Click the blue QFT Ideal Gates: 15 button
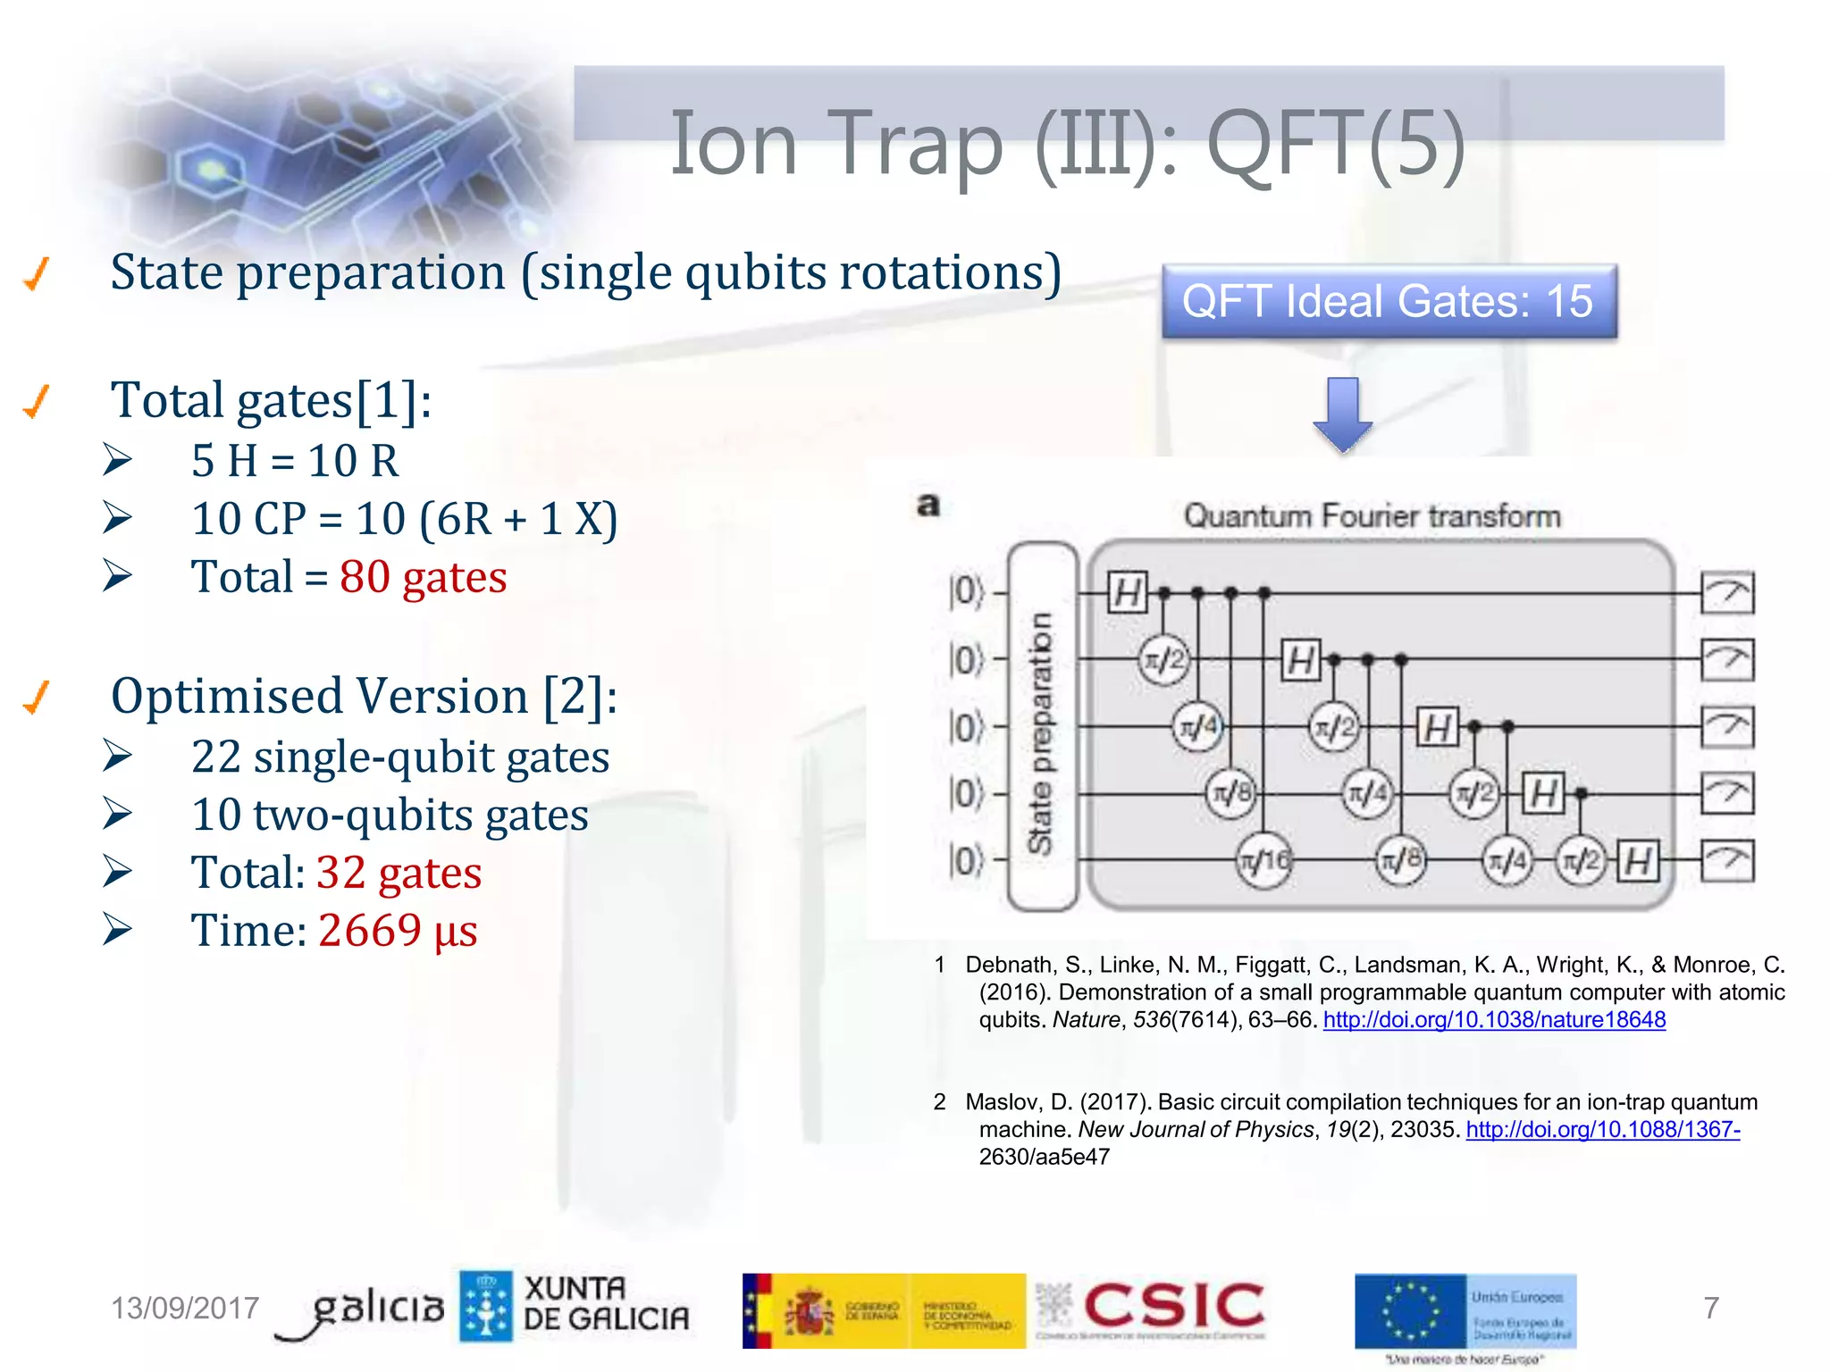(1389, 301)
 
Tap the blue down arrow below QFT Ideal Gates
(1342, 414)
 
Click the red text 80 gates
(423, 577)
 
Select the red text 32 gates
(399, 873)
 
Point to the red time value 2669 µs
(398, 931)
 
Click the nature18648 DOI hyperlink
(1494, 1020)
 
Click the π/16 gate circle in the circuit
(1263, 860)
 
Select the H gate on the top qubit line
(1127, 592)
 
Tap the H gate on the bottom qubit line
(1639, 861)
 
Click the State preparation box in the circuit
(1042, 728)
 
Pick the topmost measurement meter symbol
(1726, 592)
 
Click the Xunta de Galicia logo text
(605, 1304)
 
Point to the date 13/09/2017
(185, 1309)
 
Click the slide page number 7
(1710, 1309)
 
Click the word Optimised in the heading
(230, 696)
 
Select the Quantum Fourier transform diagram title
(1372, 516)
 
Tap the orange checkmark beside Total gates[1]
(37, 401)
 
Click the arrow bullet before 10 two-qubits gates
(117, 814)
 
